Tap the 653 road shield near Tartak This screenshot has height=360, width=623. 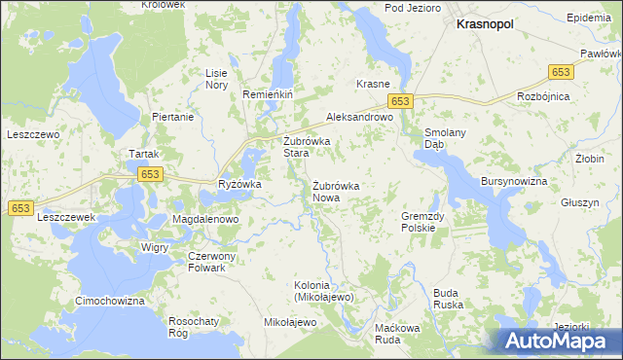coord(149,174)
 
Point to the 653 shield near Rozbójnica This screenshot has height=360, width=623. coord(561,72)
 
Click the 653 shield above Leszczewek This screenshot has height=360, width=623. coord(21,208)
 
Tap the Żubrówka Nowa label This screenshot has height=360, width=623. coord(337,191)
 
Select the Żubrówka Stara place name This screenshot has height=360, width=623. coord(307,147)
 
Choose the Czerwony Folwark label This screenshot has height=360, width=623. coord(205,262)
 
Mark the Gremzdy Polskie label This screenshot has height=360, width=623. coord(423,222)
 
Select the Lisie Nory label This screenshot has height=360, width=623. coord(216,79)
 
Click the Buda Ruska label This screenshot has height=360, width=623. coord(447,298)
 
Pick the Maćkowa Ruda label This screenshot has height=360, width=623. coord(397,334)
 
